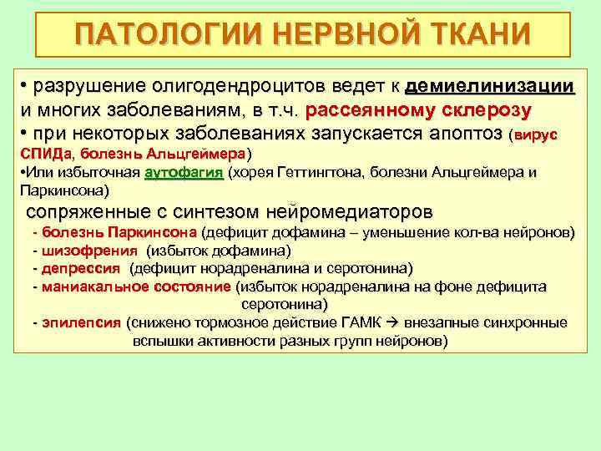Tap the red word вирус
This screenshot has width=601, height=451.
(x=536, y=134)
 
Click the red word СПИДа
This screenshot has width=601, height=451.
(x=47, y=155)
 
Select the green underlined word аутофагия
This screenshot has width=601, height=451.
(x=184, y=173)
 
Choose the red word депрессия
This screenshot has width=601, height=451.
(x=81, y=268)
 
